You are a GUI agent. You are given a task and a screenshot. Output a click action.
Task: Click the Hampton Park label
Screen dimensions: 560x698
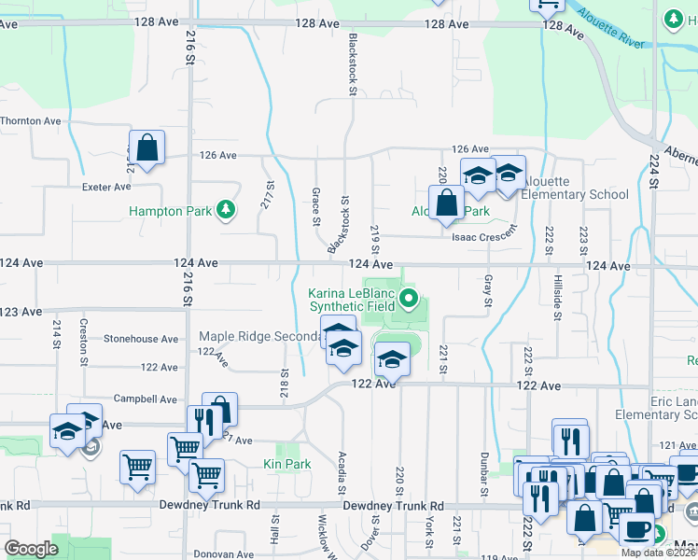170,211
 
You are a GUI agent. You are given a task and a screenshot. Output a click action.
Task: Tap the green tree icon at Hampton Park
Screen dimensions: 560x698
224,210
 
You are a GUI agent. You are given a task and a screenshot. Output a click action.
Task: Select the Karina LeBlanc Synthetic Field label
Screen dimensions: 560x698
352,299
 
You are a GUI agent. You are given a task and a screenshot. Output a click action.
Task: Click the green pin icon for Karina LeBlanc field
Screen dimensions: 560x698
408,299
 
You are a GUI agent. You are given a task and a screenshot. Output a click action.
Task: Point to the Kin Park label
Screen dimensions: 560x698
286,464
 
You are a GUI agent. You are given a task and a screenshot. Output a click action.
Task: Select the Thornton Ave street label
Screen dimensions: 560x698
31,121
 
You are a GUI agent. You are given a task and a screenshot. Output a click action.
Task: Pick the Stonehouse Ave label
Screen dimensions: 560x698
140,339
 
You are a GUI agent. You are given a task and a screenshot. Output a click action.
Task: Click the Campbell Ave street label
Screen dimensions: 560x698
145,399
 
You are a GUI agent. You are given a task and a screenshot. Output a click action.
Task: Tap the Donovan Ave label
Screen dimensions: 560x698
220,553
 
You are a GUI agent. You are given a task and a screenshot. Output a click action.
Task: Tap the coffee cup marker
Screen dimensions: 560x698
637,528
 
